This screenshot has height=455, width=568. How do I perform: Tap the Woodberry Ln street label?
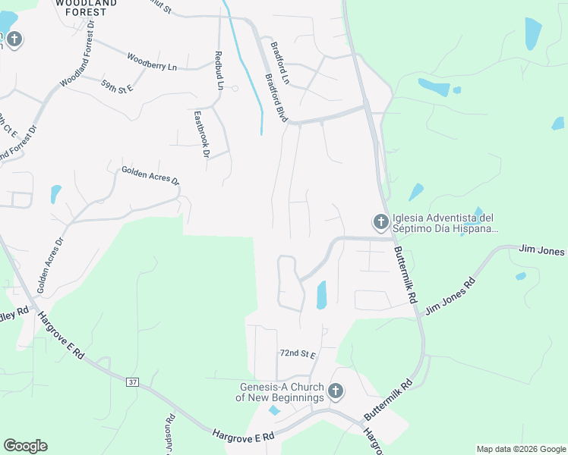(152, 62)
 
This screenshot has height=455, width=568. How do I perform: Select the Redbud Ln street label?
(219, 71)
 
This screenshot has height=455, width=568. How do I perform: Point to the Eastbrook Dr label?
(201, 134)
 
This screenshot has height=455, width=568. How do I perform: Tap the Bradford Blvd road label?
(276, 98)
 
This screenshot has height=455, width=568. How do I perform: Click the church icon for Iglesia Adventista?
(380, 222)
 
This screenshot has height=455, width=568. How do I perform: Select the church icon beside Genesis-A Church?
(335, 392)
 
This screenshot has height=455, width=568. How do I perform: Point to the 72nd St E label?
(297, 354)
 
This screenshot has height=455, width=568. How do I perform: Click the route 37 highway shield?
(134, 381)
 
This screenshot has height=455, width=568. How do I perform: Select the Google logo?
(25, 446)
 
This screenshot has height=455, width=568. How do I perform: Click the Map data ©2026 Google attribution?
(521, 449)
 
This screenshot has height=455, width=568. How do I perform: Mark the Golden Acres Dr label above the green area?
(150, 176)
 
